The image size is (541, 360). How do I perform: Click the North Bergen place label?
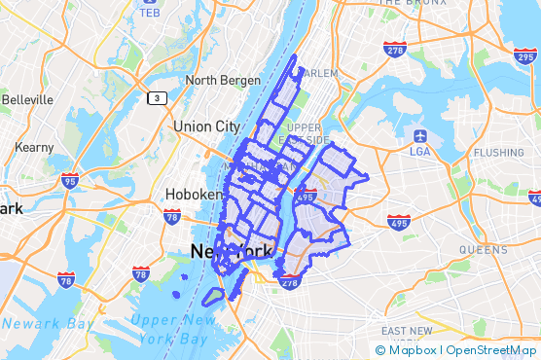pos(223,80)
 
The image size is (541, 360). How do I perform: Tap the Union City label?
pos(205,126)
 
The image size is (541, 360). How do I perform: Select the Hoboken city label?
pos(194,194)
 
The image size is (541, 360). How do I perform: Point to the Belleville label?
pos(29,99)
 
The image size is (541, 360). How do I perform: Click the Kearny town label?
pos(34,146)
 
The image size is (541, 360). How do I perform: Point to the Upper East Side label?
pos(305,133)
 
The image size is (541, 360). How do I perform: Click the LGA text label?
pos(419,152)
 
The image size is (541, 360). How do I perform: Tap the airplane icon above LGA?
pos(419,135)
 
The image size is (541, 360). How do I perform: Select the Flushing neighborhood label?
pos(498,153)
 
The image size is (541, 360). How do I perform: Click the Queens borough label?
pos(483,249)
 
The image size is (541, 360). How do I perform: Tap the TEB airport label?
pos(150,13)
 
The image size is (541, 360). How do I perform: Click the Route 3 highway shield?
pos(156,97)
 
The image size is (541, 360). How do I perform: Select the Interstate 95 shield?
pos(69,180)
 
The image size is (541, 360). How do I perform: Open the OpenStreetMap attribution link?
pos(491,349)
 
